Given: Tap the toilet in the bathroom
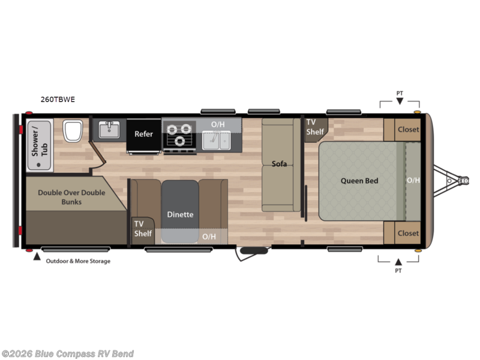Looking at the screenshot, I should coord(73,131).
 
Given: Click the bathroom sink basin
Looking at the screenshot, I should coord(109,130).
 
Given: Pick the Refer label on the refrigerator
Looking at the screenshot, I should coord(143,134).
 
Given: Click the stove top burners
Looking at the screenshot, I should coord(179,134).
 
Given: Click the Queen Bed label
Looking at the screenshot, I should coord(359,181).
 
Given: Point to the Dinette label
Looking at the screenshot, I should coord(180,214).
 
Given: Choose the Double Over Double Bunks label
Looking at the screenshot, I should coord(71,197).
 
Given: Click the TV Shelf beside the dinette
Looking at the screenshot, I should coord(142,229).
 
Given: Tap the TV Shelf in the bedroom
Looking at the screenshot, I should coord(315,127).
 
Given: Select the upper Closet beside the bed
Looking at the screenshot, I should coord(408,129).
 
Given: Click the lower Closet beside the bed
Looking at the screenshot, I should coord(408,233).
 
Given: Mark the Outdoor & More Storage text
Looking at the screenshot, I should coord(78,261).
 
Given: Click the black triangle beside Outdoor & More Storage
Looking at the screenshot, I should coord(37,257).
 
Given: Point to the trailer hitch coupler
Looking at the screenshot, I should coord(463,179).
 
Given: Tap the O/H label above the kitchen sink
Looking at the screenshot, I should coord(217,125).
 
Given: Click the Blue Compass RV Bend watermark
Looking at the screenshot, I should coord(67,354).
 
